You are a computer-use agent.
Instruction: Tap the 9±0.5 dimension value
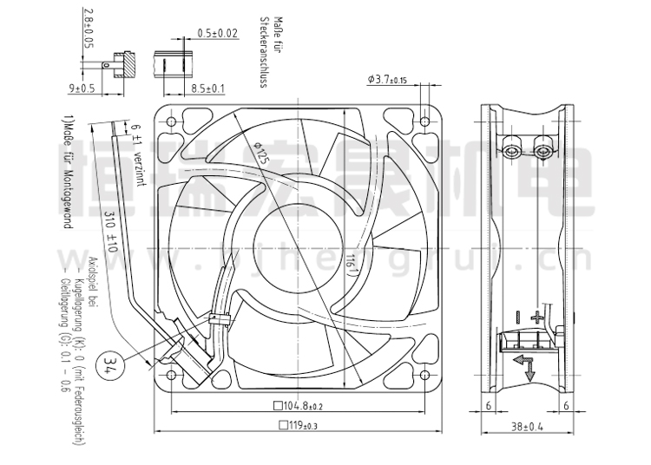82,88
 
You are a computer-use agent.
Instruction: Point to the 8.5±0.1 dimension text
207,88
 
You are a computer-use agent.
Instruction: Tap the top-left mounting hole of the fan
170,120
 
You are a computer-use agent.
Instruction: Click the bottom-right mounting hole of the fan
425,375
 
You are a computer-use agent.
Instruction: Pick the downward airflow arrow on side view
529,368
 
